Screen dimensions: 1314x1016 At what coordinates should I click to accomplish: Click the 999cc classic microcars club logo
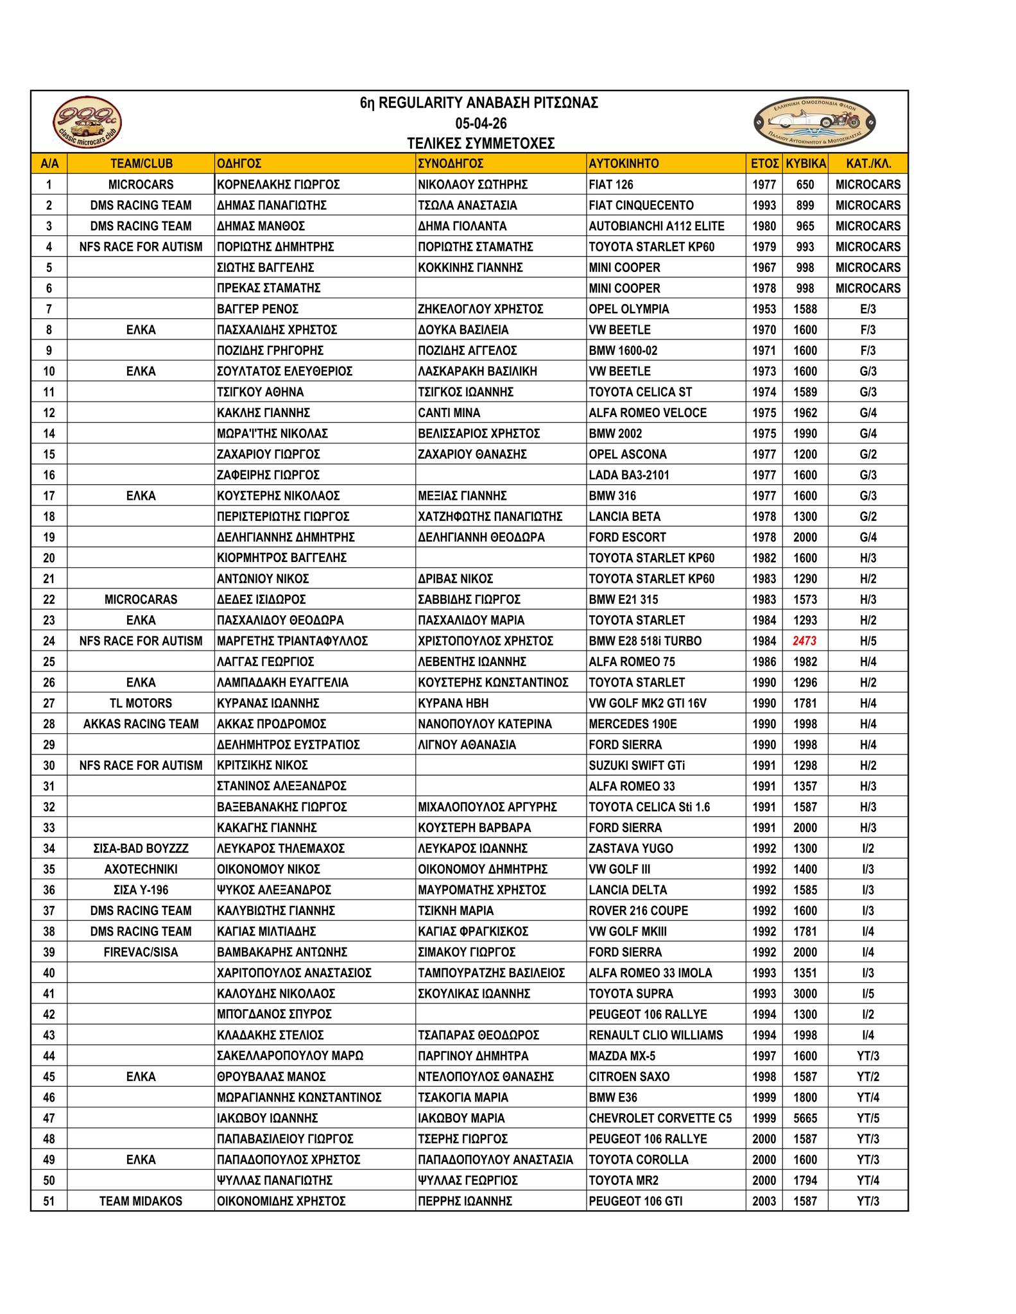click(87, 122)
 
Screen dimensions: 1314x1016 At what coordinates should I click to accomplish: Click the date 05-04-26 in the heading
click(481, 123)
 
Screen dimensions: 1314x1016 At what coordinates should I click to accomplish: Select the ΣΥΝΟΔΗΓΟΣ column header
click(451, 164)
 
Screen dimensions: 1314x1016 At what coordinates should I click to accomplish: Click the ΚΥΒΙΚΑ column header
click(805, 164)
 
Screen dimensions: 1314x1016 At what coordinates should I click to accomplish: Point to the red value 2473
click(805, 641)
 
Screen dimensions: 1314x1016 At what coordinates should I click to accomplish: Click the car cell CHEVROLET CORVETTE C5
click(660, 1118)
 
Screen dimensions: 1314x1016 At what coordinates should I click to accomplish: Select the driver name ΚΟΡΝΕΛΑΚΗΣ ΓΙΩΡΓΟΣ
click(278, 185)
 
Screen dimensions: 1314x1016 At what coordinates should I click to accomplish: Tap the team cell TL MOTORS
click(141, 703)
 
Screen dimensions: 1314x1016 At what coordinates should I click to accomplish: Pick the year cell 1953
click(764, 309)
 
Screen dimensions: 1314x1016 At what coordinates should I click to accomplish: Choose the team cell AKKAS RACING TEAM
click(141, 724)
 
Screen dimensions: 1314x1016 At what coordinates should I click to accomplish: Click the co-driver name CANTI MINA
click(449, 413)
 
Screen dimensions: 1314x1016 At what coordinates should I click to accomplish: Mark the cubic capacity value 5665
click(805, 1118)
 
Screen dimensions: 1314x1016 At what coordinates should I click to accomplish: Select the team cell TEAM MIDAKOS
click(141, 1201)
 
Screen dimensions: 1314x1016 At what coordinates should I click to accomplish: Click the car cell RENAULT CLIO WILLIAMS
click(655, 1035)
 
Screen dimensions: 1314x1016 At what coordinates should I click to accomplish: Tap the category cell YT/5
click(868, 1118)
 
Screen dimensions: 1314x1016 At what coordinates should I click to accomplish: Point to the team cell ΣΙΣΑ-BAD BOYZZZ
click(141, 849)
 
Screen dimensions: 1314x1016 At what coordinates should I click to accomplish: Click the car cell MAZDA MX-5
click(622, 1056)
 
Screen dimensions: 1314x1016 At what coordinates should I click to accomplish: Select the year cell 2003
click(764, 1201)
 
